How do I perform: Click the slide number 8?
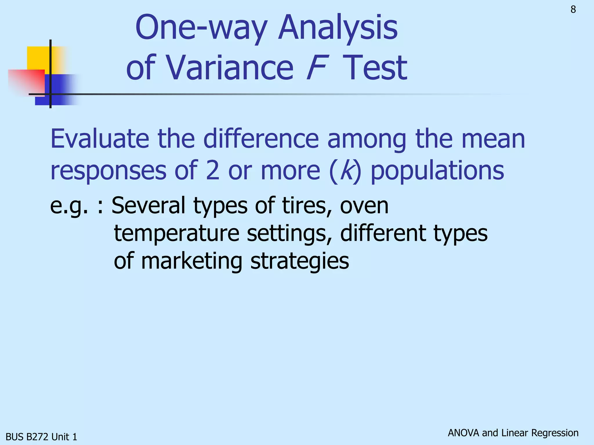coord(573,10)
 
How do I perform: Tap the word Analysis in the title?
coord(338,28)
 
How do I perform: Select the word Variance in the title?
coord(230,68)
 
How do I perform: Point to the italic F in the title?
coord(317,68)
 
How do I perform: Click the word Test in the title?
coord(375,68)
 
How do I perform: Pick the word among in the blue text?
coord(367,139)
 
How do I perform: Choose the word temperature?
coord(177,234)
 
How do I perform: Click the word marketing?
coord(191,261)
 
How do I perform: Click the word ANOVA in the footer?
coord(463,433)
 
